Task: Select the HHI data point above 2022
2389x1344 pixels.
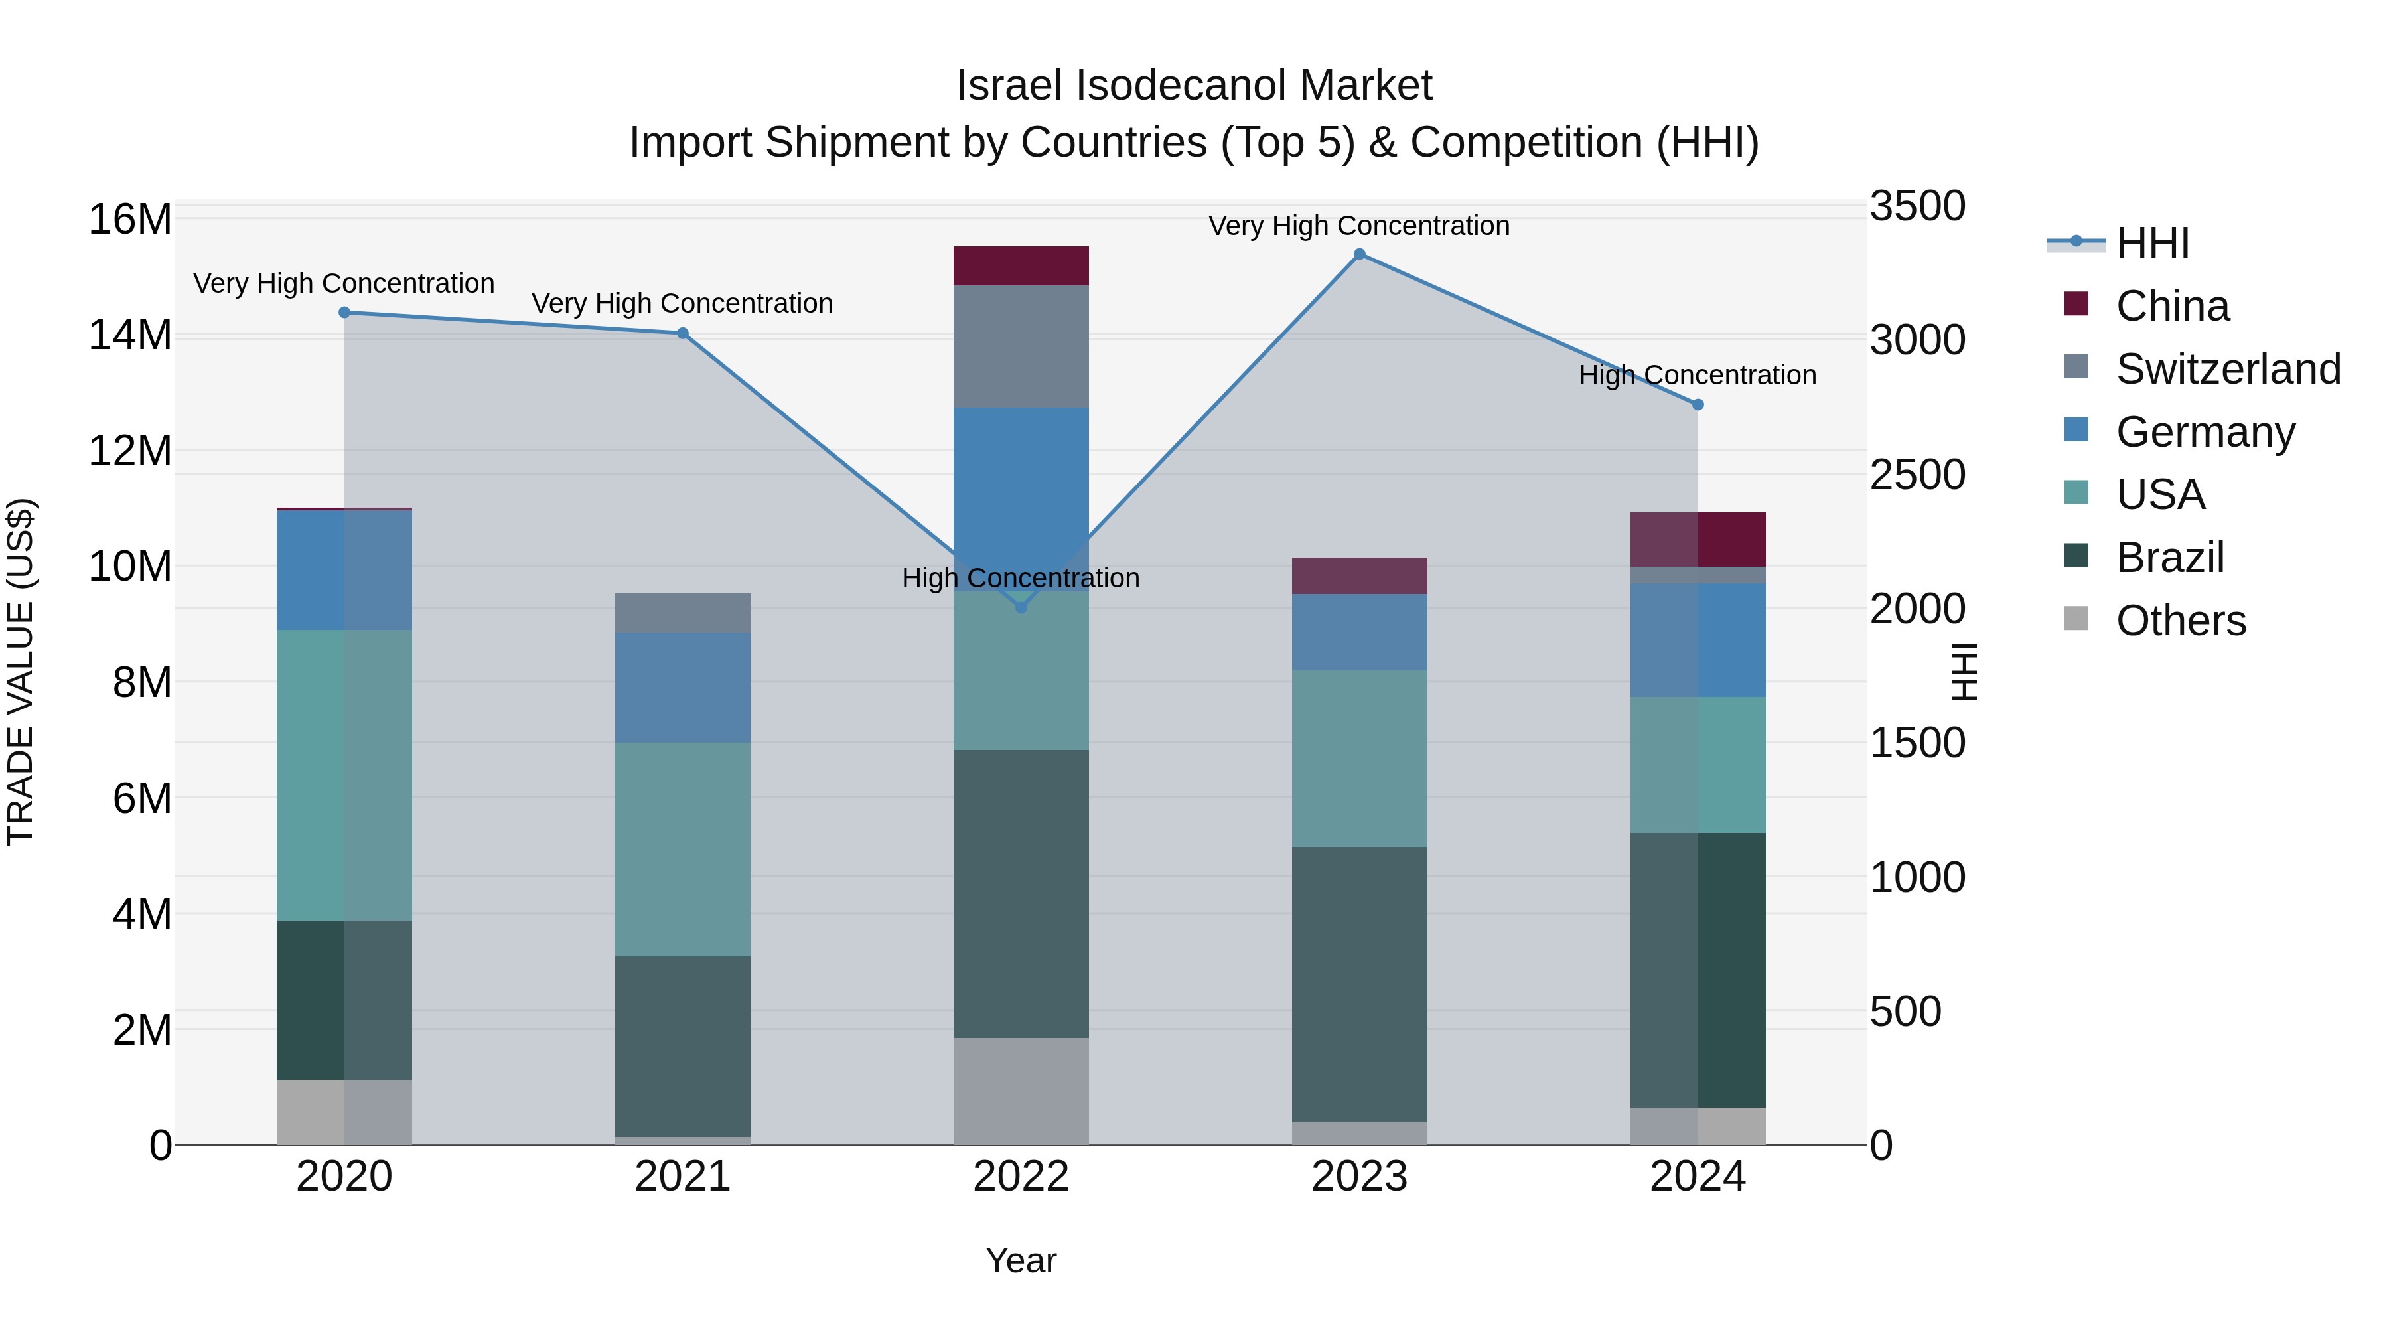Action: click(x=1021, y=607)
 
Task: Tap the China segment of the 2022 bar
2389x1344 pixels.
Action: click(x=1021, y=266)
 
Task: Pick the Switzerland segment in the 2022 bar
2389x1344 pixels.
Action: click(x=1021, y=346)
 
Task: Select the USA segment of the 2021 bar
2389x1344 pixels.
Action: click(x=683, y=849)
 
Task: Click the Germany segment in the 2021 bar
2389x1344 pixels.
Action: click(x=683, y=688)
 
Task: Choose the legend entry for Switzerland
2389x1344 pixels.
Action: click(x=2228, y=369)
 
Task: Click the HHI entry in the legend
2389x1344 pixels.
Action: click(x=2151, y=243)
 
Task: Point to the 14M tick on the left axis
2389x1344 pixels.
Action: click(x=130, y=335)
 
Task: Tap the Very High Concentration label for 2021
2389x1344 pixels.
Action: click(x=683, y=303)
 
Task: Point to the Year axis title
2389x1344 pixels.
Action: click(x=1021, y=1260)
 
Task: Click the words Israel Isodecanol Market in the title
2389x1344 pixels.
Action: click(x=1194, y=86)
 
